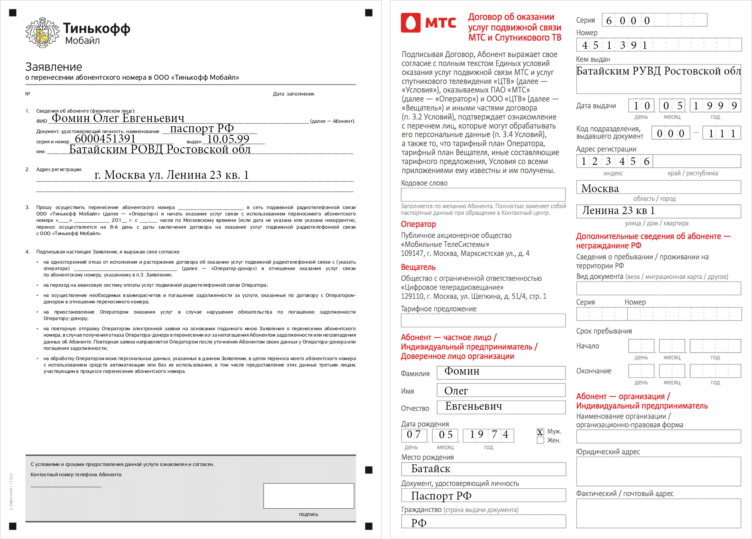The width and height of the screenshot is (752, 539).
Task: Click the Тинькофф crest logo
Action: coord(42,32)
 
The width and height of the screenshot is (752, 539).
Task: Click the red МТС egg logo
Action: coord(411,23)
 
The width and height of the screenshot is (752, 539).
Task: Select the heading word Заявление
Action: coord(53,67)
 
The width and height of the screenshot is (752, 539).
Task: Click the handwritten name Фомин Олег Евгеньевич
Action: coord(118,118)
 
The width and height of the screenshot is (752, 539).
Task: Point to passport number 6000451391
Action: coord(105,139)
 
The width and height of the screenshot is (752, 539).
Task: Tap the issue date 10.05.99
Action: coord(228,139)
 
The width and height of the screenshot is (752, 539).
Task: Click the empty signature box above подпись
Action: coord(308,495)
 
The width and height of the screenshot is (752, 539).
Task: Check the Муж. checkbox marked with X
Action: coord(540,432)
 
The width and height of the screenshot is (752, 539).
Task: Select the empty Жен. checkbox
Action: coord(540,440)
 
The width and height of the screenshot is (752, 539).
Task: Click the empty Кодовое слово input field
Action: coord(483,195)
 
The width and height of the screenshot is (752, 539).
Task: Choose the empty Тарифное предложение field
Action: coord(483,320)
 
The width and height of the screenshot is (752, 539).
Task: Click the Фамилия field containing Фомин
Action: coord(501,373)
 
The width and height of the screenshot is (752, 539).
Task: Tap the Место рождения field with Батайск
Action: coord(483,469)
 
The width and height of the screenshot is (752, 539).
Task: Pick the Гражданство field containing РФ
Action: coord(483,522)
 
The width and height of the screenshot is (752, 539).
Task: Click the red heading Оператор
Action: coord(418,224)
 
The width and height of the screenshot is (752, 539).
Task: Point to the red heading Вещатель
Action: coord(418,267)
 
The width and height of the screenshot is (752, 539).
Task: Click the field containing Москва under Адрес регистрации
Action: coord(658,188)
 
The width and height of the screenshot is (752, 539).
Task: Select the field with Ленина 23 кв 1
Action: coord(658,211)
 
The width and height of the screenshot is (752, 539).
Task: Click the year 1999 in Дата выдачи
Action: coord(715,106)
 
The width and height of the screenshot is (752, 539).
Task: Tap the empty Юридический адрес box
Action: coord(658,472)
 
